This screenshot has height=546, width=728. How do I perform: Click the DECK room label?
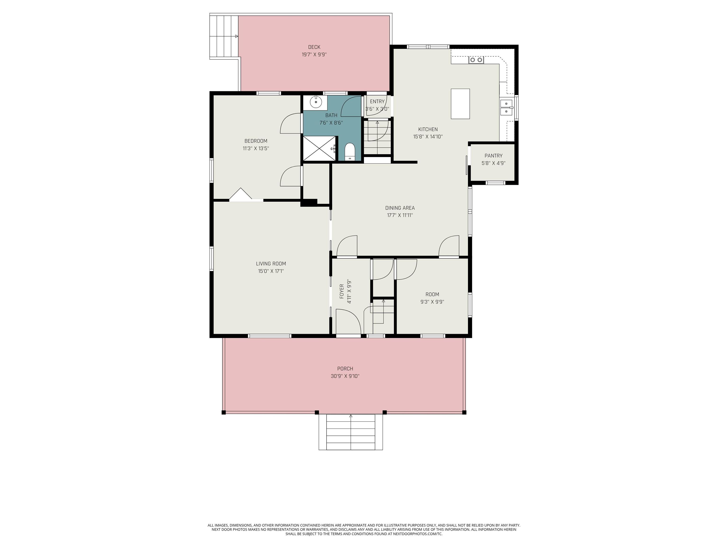click(314, 47)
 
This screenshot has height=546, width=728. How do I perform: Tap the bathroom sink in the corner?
click(316, 102)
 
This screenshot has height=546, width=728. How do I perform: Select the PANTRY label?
click(493, 156)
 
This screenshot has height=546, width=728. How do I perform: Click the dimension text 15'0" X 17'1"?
click(271, 271)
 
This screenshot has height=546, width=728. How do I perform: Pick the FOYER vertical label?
click(342, 291)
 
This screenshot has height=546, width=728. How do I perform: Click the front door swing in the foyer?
click(348, 322)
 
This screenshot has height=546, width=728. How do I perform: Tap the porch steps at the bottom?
click(350, 432)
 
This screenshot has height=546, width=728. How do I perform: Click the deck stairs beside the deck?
click(224, 36)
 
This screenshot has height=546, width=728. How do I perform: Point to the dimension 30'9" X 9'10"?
click(345, 376)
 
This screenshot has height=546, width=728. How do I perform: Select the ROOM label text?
click(432, 294)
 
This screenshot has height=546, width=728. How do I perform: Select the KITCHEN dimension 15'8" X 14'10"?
click(428, 136)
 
